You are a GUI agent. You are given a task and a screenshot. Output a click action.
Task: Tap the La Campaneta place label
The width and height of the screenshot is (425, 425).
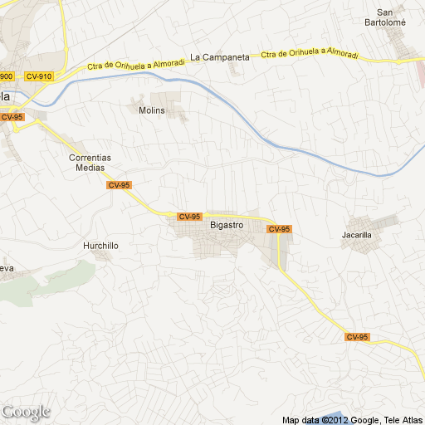pyautogui.click(x=219, y=57)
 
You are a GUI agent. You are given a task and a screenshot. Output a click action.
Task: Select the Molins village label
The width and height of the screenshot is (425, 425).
pyautogui.click(x=152, y=110)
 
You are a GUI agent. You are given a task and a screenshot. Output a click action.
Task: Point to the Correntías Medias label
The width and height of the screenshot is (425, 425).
pyautogui.click(x=90, y=162)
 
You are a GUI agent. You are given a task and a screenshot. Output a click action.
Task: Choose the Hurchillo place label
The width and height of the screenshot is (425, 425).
pyautogui.click(x=101, y=246)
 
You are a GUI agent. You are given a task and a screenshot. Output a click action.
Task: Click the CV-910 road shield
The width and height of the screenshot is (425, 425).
pyautogui.click(x=39, y=76)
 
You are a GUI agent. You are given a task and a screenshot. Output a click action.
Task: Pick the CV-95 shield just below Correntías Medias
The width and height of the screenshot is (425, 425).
pyautogui.click(x=120, y=185)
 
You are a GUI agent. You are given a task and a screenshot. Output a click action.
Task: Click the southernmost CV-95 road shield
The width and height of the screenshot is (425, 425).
pyautogui.click(x=358, y=337)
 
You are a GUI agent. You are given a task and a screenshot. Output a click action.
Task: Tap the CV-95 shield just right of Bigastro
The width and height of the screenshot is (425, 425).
pyautogui.click(x=279, y=229)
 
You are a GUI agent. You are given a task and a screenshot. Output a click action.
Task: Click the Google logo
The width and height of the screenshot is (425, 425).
pyautogui.click(x=26, y=412)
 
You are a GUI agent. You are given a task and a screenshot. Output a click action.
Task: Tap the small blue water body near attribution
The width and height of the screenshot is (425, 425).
pyautogui.click(x=332, y=413)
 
